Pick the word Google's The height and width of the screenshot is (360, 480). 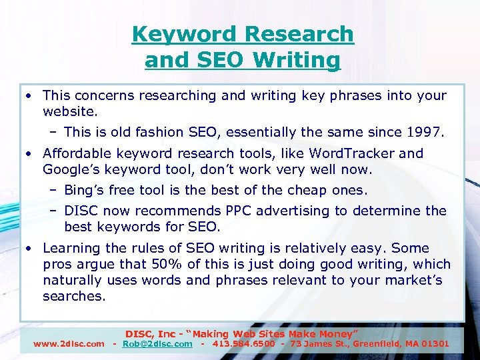(x=71, y=169)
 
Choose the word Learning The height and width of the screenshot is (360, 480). (x=71, y=248)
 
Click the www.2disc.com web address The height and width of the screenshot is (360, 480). (x=69, y=344)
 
